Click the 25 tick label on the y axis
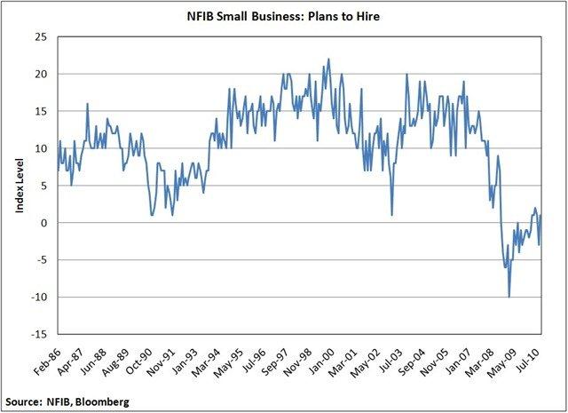click(42, 37)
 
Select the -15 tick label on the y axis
click(39, 335)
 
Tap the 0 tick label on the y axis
click(45, 223)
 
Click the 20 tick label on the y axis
click(42, 75)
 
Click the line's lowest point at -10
click(509, 297)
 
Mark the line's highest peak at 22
click(328, 60)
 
